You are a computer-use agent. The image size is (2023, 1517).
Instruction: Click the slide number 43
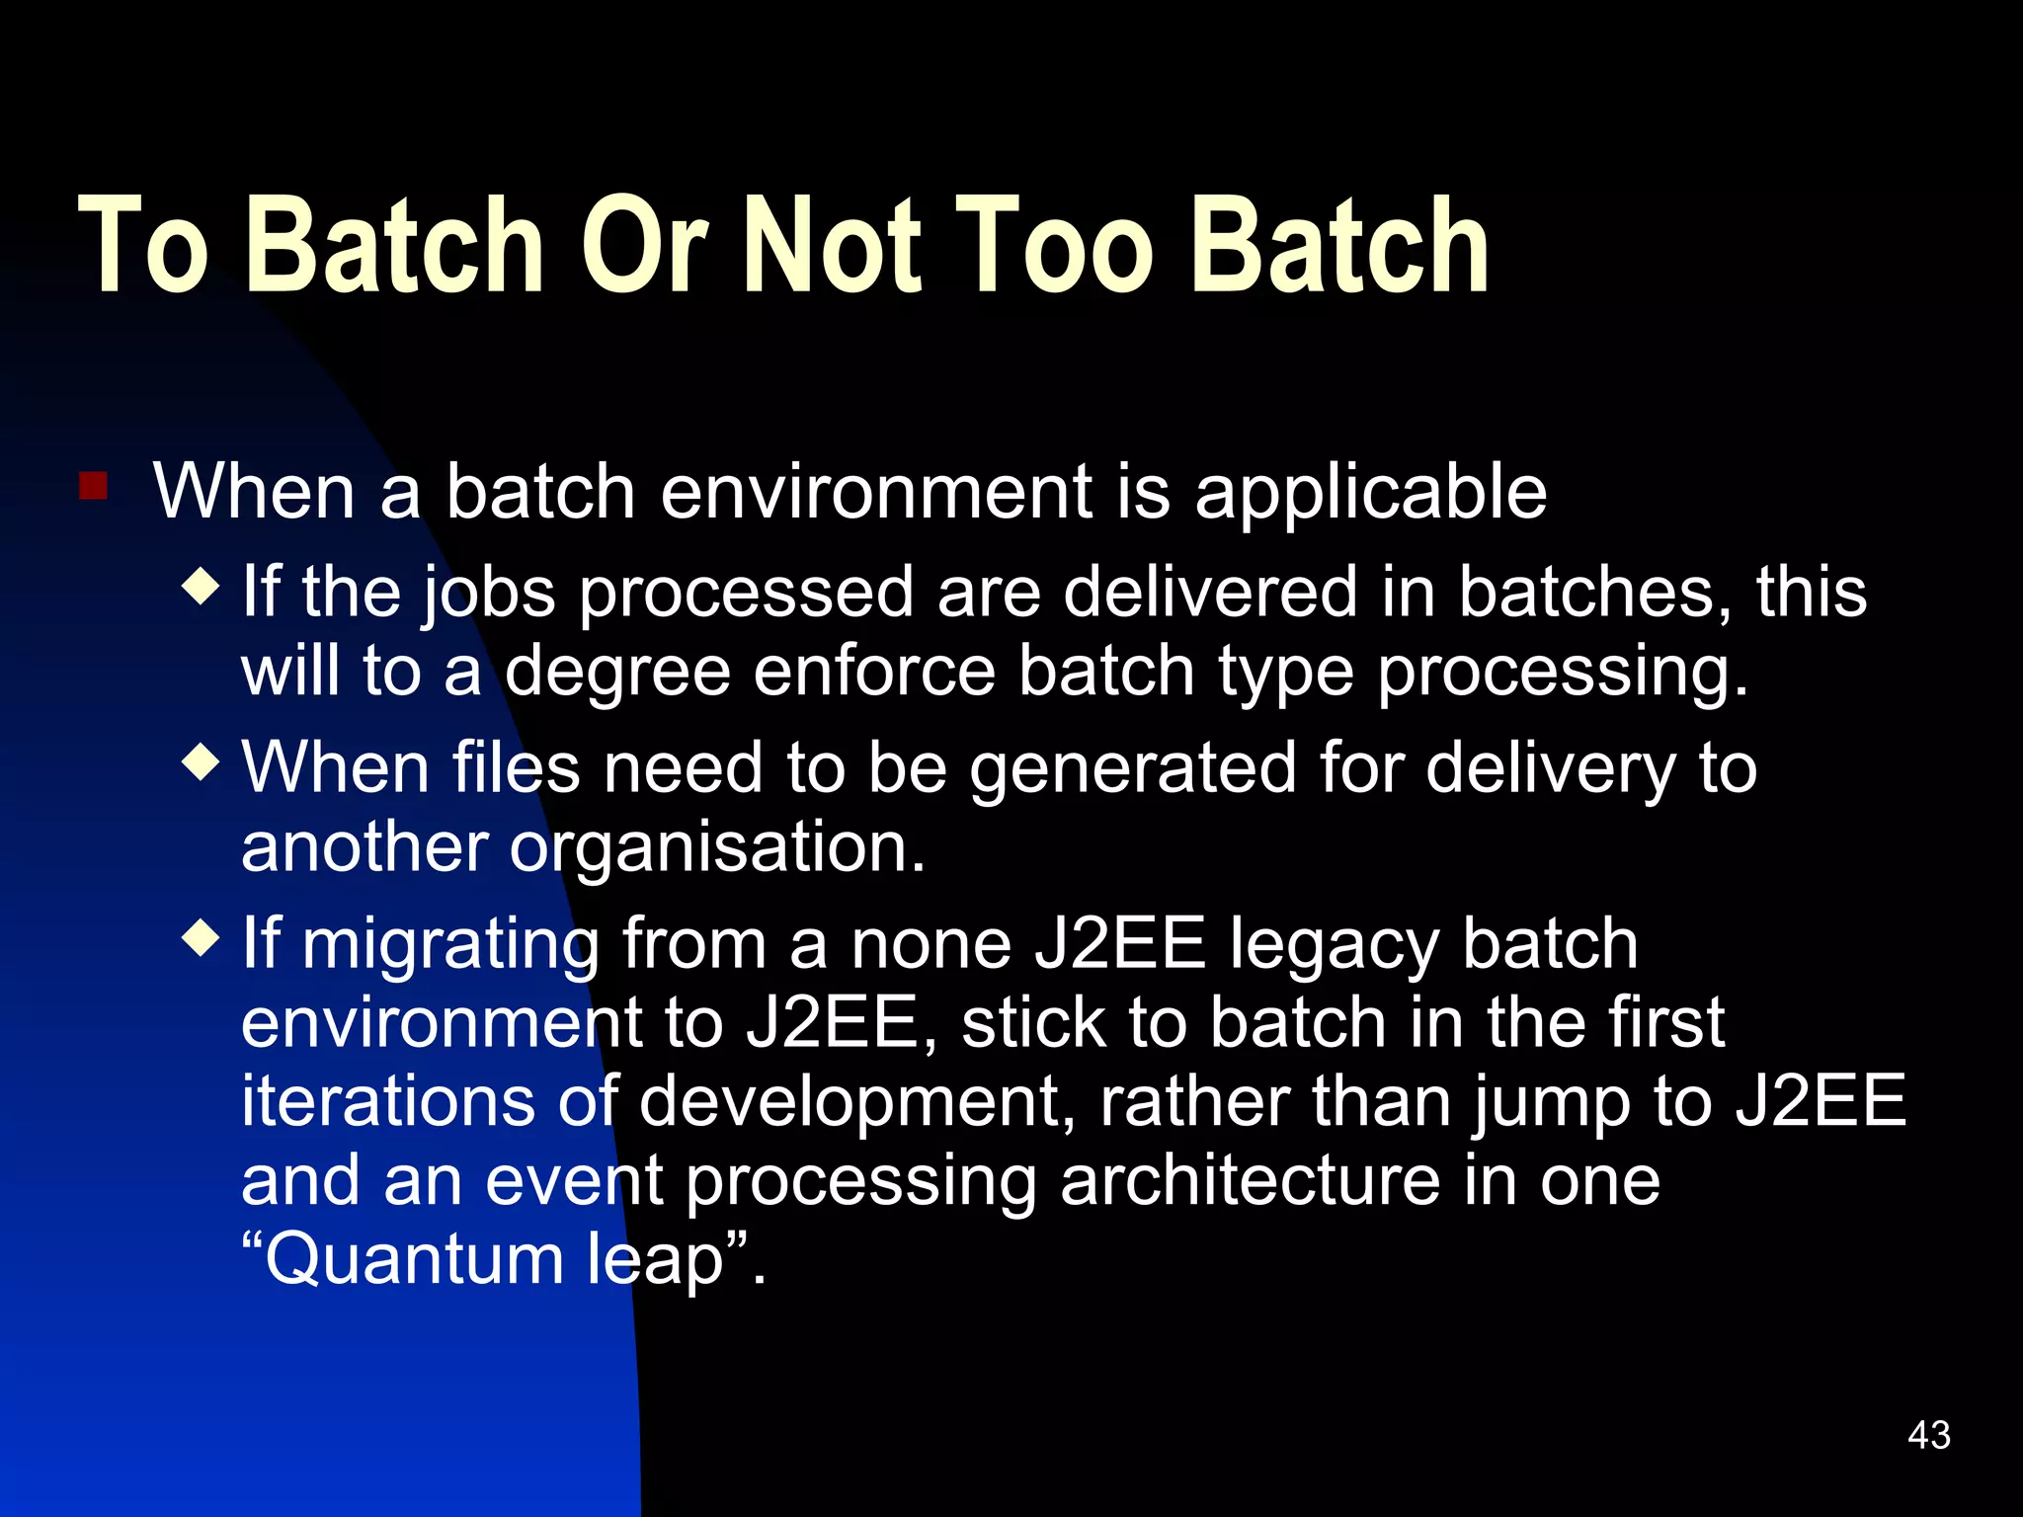(x=1929, y=1435)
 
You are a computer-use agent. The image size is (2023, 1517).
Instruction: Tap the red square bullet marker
(x=93, y=486)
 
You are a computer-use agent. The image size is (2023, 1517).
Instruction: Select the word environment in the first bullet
(x=875, y=492)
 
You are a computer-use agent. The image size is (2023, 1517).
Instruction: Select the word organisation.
(x=717, y=847)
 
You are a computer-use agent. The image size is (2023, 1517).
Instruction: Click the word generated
(x=1132, y=769)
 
